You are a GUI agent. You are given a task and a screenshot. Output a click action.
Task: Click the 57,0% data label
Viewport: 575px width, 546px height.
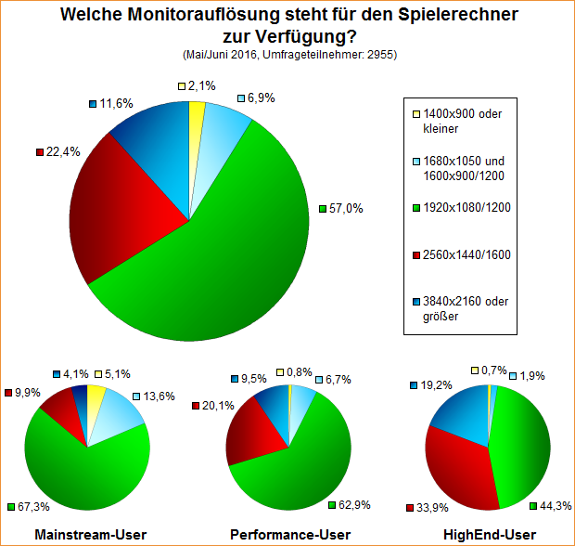tap(346, 209)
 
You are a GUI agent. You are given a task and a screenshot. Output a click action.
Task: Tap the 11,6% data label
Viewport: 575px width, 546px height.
tap(116, 103)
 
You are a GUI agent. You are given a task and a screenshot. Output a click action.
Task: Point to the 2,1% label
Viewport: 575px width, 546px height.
tap(201, 85)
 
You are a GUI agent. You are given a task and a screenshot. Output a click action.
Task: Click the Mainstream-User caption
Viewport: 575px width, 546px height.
tap(88, 534)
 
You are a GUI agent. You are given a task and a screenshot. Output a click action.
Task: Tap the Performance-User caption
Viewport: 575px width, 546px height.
tap(289, 534)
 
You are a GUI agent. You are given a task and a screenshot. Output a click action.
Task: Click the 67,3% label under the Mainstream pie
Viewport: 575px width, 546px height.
tap(34, 507)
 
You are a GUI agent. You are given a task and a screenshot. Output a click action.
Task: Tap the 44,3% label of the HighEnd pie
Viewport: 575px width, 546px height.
tap(553, 505)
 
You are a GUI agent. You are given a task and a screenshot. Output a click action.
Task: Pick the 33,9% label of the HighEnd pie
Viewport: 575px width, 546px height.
tap(427, 507)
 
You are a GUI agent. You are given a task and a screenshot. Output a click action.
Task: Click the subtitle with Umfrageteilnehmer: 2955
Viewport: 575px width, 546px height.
tap(290, 55)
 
